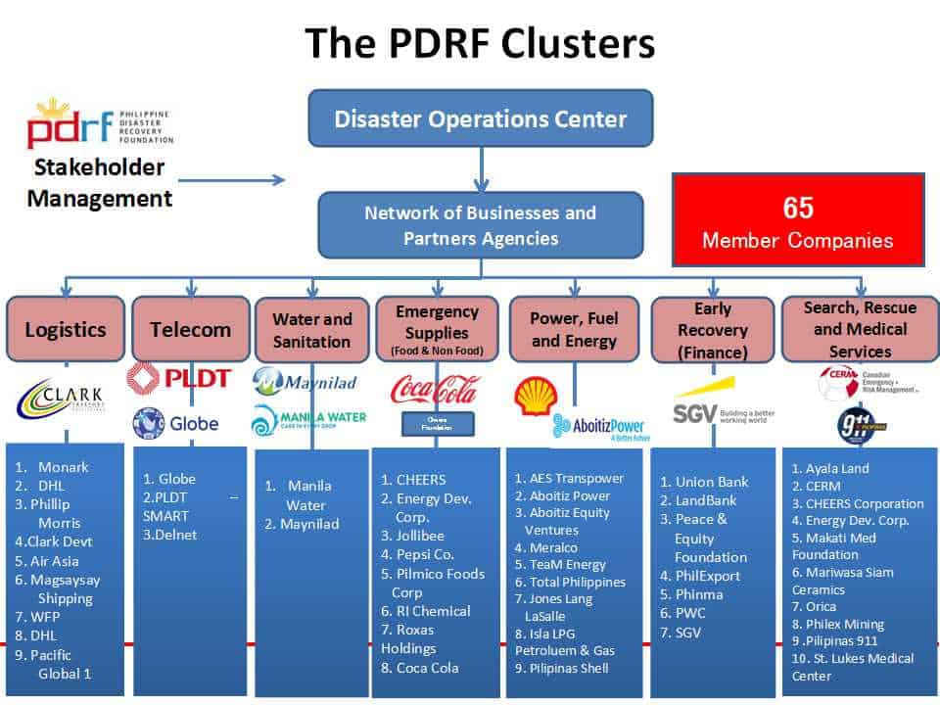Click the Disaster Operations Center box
480,119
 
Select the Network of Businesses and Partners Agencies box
480,225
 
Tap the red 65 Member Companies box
797,220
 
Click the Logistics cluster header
65,329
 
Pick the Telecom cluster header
190,329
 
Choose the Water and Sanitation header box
311,331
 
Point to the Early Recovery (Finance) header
712,331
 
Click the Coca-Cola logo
436,390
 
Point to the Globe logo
175,425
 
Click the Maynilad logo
305,382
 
